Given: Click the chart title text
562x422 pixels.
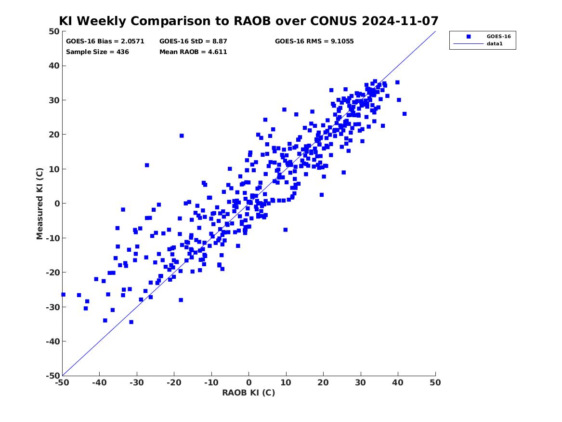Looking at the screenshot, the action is point(249,21).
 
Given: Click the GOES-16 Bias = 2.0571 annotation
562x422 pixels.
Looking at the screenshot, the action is point(105,41).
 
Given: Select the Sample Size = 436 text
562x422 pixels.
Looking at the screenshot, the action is point(97,52).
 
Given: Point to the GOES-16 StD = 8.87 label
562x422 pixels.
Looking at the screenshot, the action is point(193,41).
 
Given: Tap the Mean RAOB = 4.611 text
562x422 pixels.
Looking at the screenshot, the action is point(193,52).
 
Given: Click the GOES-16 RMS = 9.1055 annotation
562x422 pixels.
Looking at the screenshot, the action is point(314,41).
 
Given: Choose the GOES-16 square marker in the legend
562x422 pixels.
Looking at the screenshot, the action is point(469,37).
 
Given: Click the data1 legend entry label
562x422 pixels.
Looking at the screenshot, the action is point(495,44).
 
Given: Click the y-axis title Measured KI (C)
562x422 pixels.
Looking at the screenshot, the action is point(39,204).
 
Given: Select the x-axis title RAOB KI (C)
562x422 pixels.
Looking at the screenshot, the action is point(249,393).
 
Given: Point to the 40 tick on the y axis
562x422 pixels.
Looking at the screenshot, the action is point(54,66).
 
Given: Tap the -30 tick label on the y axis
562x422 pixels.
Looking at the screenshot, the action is point(52,307).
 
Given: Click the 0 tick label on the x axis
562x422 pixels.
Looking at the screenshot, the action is point(249,382).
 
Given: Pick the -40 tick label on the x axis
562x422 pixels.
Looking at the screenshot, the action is point(99,382).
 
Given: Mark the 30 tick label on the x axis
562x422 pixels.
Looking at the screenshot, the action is point(361,382).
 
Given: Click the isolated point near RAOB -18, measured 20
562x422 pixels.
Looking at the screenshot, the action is point(182,136).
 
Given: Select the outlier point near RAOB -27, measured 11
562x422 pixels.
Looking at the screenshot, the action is point(147,165).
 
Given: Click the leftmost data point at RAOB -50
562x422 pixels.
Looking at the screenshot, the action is point(63,295).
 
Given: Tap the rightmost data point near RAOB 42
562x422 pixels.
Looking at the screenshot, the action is point(405,114).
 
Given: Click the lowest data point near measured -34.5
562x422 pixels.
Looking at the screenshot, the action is point(131,322).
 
